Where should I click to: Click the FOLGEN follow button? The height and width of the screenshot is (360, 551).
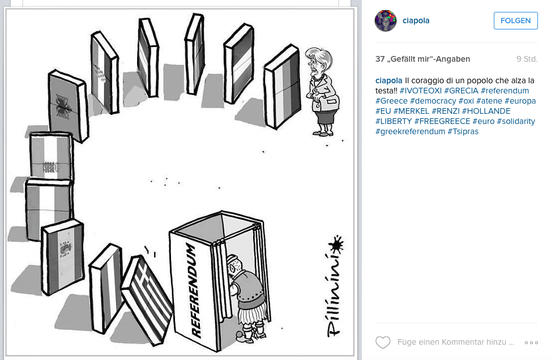click(515, 21)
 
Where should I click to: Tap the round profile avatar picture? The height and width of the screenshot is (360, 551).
click(386, 21)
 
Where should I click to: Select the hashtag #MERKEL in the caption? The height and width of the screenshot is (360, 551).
click(411, 111)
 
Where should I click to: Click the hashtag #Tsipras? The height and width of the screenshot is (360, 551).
click(463, 131)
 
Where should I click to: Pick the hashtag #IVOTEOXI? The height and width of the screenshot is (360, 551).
click(421, 91)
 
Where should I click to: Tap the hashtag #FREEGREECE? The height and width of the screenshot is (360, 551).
click(442, 121)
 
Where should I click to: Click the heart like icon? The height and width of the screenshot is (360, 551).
click(383, 342)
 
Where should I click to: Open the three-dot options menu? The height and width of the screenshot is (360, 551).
click(531, 342)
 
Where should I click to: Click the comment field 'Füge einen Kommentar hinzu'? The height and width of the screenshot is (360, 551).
click(456, 342)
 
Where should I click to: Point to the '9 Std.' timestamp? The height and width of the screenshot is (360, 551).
click(527, 59)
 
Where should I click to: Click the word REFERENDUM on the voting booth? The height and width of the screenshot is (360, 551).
click(194, 291)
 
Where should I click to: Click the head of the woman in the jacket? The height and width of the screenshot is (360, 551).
click(318, 61)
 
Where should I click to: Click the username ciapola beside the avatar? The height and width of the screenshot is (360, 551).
click(416, 21)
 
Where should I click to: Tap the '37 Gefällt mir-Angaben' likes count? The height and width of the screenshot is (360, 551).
click(423, 59)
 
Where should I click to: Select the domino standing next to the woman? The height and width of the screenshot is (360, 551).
click(282, 87)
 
